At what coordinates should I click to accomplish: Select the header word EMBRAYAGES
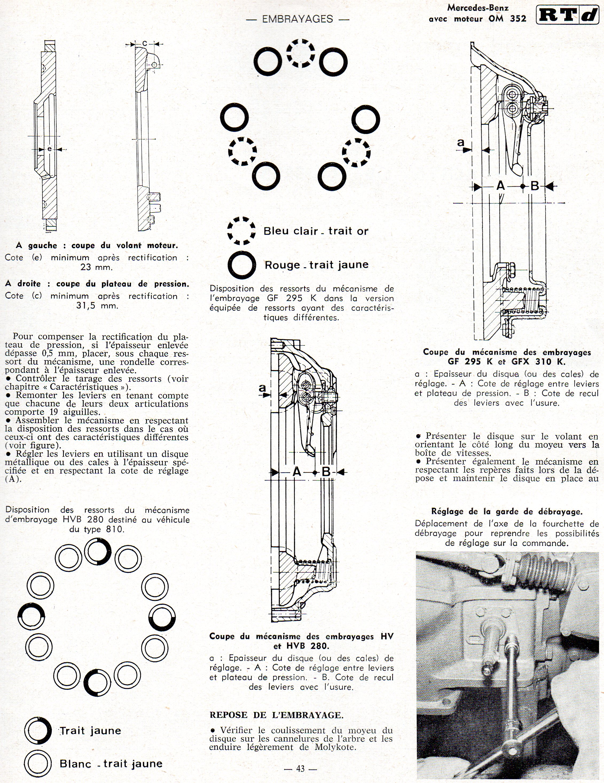297,19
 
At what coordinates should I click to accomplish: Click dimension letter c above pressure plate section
144,43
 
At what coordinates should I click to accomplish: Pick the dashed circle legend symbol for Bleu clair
241,231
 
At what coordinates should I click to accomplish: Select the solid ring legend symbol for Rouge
241,265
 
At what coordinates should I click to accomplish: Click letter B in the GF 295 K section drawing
534,186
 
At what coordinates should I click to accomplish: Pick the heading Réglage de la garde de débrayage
507,511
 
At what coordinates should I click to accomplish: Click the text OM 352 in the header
507,19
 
